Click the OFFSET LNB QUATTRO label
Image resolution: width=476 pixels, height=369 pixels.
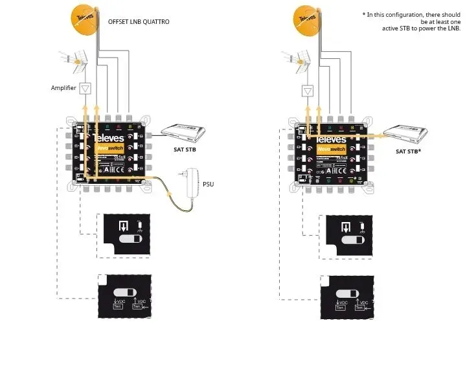pos(139,22)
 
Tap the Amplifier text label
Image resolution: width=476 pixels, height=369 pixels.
pos(64,87)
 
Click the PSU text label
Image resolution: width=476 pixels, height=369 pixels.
pos(207,184)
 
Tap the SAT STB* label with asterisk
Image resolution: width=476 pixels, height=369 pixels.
pos(409,151)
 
